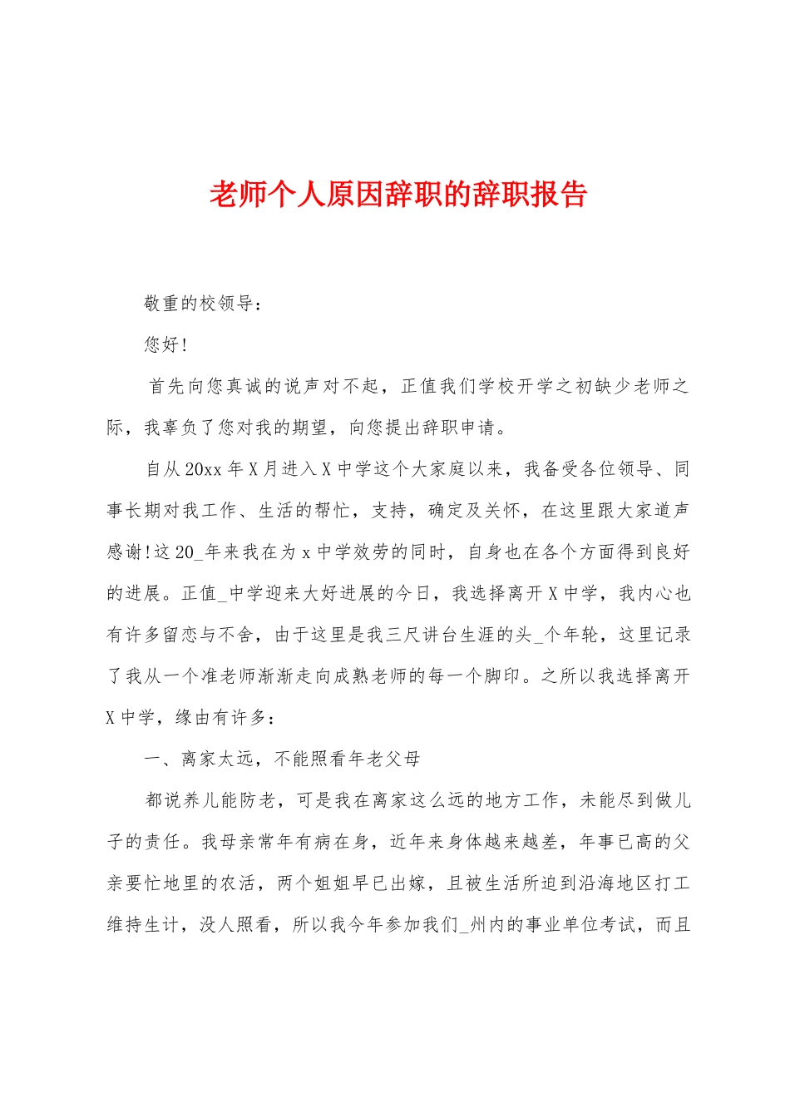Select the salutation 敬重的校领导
coord(200,304)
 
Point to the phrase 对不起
coord(350,386)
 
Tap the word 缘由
coord(194,717)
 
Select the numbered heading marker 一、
coord(158,759)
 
